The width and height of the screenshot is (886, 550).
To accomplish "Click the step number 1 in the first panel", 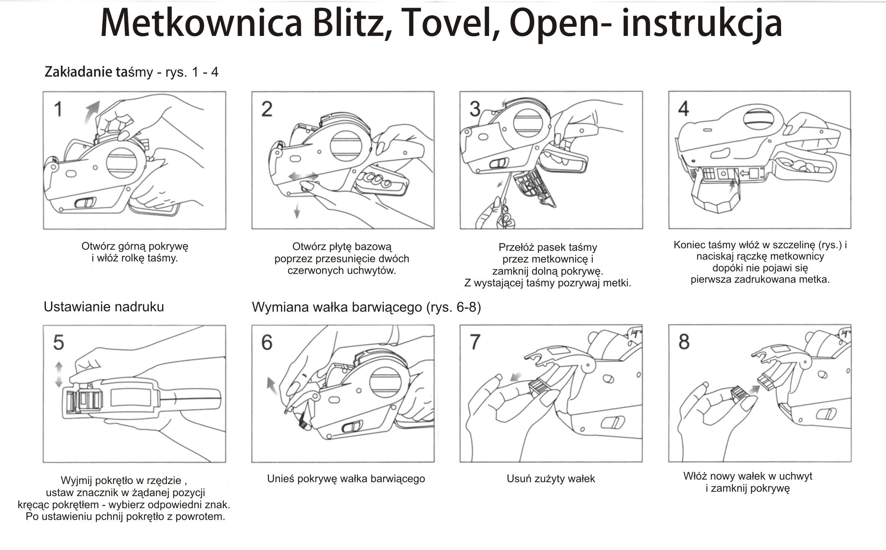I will tap(58, 109).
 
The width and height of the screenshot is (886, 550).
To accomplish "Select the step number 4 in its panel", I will tap(683, 109).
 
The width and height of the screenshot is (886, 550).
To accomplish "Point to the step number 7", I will tap(475, 342).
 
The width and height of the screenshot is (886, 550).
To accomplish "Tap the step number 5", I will tap(58, 342).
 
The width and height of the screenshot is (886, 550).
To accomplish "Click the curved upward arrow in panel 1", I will tap(91, 112).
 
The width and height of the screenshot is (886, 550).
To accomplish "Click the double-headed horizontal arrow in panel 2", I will tap(303, 176).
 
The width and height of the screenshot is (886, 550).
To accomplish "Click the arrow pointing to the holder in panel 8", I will tap(753, 389).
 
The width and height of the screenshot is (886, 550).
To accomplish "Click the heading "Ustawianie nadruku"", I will tap(104, 307).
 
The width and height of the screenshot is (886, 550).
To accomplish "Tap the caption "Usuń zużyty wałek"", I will tap(551, 478).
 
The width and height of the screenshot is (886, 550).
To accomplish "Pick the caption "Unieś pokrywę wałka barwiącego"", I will tap(346, 478).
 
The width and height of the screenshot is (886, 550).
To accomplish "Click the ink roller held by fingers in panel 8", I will tap(739, 395).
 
